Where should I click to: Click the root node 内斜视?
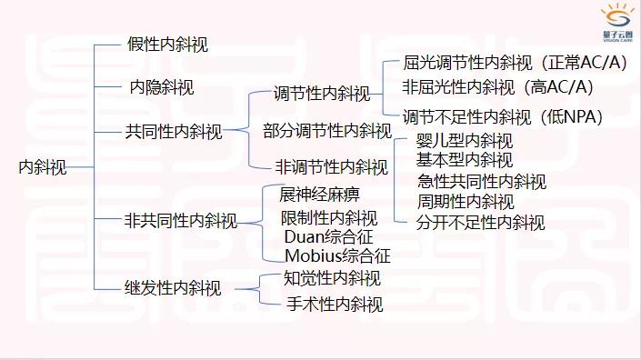43,166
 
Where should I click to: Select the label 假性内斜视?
167,44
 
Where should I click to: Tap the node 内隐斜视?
160,88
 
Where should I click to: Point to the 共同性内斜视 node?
173,132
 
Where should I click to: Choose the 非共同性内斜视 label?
180,220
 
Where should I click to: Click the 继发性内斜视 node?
173,289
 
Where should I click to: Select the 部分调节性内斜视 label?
326,130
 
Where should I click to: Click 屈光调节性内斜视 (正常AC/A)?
503,64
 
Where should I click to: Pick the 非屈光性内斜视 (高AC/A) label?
497,87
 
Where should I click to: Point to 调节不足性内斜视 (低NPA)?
503,115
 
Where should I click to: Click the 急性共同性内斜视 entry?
481,181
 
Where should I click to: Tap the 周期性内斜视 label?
466,201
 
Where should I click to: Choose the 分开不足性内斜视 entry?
480,221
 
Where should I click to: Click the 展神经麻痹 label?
319,195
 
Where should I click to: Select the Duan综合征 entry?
325,237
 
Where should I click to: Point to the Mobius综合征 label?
336,255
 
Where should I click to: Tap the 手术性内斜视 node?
334,304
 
